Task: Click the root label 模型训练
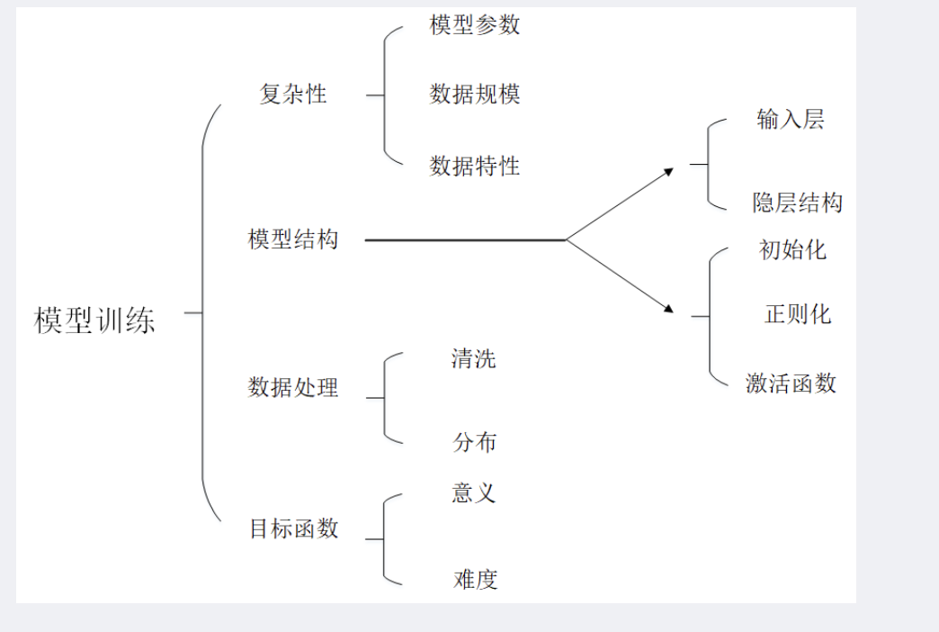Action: click(x=94, y=320)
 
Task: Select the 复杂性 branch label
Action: click(x=292, y=94)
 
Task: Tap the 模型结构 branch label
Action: click(x=293, y=239)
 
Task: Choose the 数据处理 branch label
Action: click(x=293, y=387)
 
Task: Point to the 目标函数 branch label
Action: click(x=294, y=528)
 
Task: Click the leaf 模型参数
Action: click(x=475, y=25)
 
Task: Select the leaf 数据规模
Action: click(x=475, y=94)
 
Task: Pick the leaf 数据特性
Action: click(x=475, y=166)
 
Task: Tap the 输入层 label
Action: click(x=791, y=120)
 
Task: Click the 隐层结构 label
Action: click(x=798, y=203)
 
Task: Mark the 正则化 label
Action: click(x=798, y=313)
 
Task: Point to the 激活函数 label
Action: click(x=791, y=384)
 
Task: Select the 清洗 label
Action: click(x=473, y=359)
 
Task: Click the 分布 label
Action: click(x=474, y=442)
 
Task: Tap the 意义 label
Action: click(x=474, y=492)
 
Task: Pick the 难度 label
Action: click(x=475, y=579)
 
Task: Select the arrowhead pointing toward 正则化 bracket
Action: click(x=668, y=309)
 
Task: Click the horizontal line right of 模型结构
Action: click(x=464, y=240)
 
